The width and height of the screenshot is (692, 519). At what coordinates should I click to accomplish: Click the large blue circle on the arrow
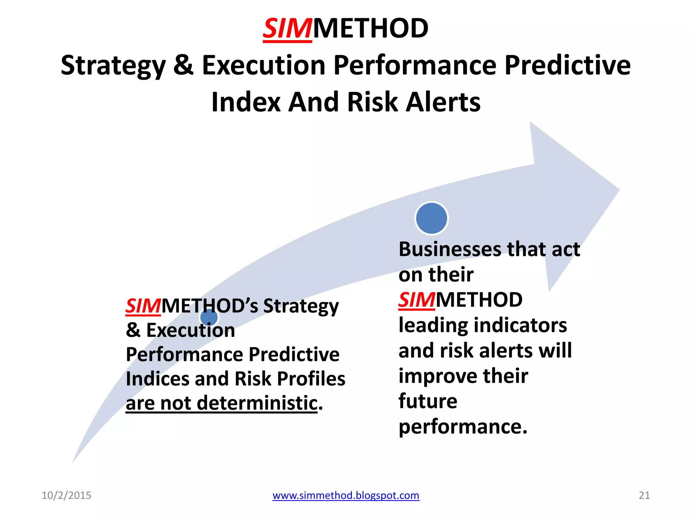coord(431,218)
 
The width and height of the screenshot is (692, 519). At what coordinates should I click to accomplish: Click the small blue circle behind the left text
coord(209,318)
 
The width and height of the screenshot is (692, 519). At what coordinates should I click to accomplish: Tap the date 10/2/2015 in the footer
coord(66,495)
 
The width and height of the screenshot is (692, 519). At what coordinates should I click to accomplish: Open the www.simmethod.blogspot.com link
coord(346,495)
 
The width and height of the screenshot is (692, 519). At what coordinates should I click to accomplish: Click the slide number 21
coord(644,495)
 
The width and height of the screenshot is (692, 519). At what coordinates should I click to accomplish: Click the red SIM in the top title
coord(287,29)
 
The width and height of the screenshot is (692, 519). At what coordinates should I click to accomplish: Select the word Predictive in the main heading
coord(567,65)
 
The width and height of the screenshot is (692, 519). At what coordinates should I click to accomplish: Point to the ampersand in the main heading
coord(183,65)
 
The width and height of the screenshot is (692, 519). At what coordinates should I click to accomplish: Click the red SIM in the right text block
coord(416,300)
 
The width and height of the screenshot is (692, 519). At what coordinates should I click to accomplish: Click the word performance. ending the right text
coord(463,427)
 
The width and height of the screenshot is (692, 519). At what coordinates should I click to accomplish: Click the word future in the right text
coord(428,401)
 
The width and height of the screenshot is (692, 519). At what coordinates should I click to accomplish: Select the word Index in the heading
coord(245,102)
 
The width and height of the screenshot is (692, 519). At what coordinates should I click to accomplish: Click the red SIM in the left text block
coord(143,306)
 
